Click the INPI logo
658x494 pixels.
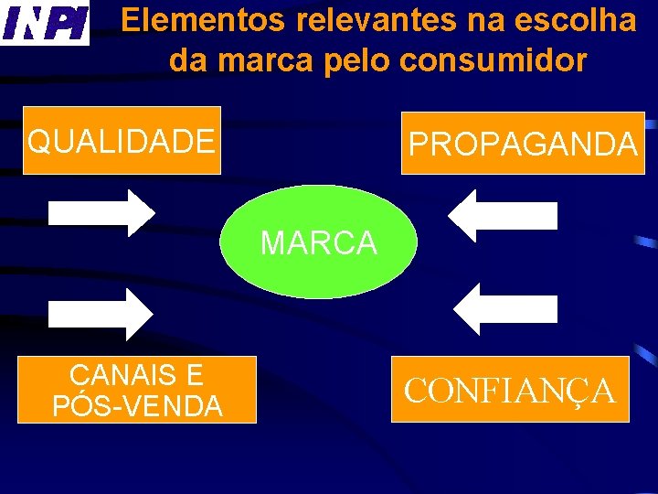point(45,23)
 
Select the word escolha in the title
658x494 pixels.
point(580,20)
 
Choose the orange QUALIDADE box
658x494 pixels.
point(122,141)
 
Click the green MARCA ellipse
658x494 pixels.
point(318,242)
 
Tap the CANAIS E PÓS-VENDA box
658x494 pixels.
point(137,390)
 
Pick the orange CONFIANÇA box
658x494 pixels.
point(510,390)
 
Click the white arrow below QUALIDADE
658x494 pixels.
point(101,213)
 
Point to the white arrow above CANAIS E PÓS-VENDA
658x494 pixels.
point(101,314)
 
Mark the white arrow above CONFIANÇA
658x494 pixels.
point(505,309)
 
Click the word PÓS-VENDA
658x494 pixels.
point(137,405)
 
